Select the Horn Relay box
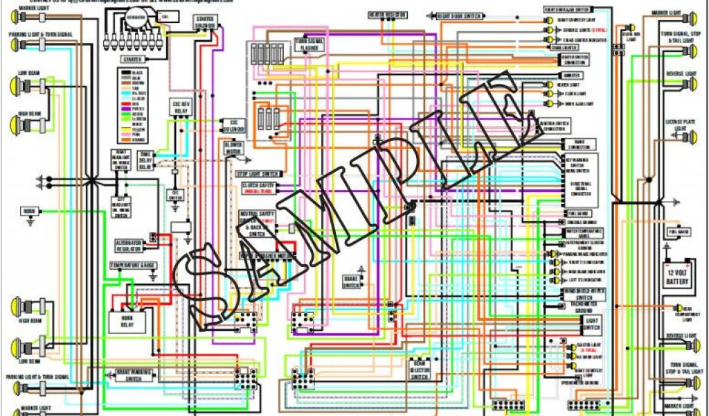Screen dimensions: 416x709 tap(127, 320)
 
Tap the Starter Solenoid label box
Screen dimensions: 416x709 tap(204, 22)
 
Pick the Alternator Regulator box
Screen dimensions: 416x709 tap(128, 245)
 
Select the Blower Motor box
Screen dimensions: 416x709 tap(233, 148)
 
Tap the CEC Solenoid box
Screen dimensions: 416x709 tap(233, 125)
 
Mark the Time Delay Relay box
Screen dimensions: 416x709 tap(145, 159)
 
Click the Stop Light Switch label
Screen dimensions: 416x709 tap(258, 173)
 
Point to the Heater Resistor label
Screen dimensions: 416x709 tap(386, 15)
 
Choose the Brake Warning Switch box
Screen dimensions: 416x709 tap(129, 374)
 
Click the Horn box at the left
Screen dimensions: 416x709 tap(29, 210)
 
